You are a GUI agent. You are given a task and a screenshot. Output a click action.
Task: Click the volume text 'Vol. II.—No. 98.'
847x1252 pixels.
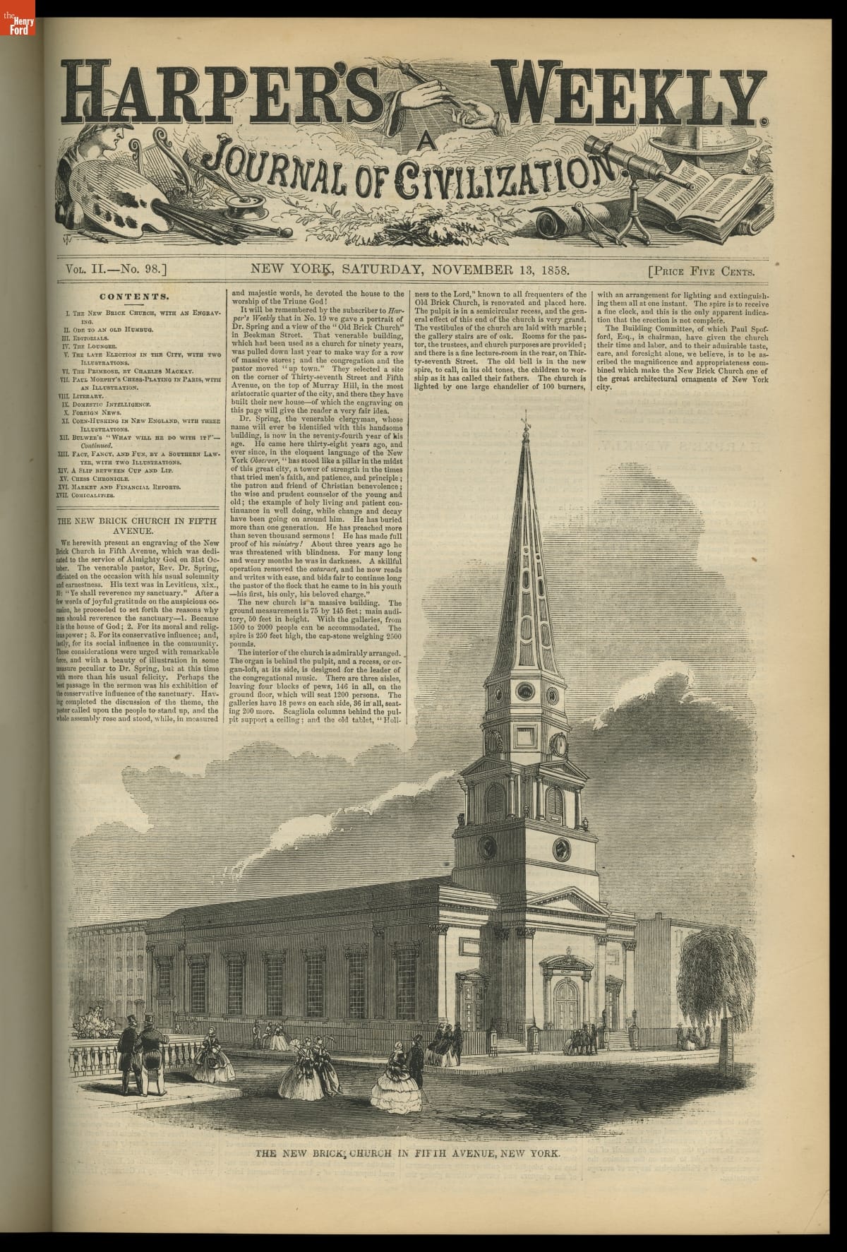coord(114,269)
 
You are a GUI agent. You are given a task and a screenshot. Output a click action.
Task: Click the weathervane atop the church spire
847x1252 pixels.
coord(524,424)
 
